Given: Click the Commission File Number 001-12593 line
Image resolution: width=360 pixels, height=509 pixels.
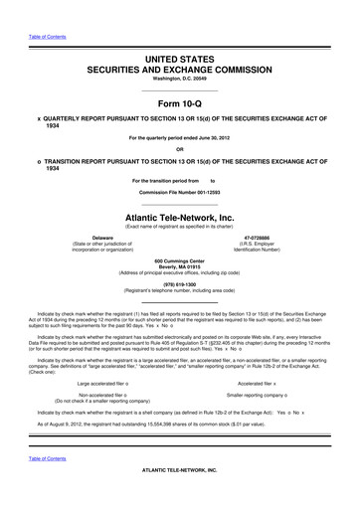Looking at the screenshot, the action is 179,191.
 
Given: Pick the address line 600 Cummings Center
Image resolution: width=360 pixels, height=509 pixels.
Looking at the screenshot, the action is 179,259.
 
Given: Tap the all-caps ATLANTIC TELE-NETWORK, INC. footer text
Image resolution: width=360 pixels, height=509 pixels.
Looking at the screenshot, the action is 179,497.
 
